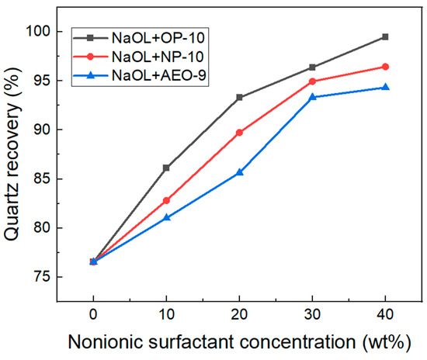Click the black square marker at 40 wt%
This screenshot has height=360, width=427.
(385, 36)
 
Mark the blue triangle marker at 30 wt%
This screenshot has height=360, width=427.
(312, 97)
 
